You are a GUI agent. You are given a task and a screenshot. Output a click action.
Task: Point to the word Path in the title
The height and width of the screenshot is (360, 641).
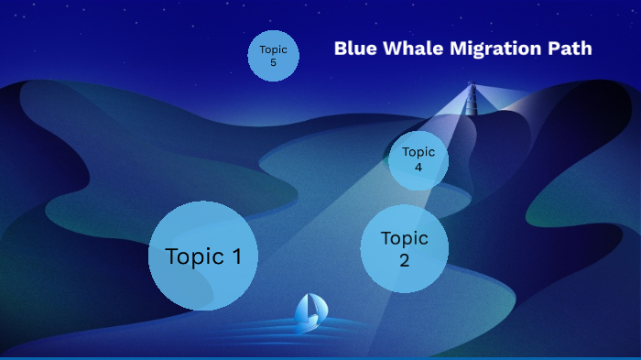(x=570, y=49)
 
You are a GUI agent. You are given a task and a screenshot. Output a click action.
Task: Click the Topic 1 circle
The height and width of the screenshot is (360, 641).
(x=202, y=256)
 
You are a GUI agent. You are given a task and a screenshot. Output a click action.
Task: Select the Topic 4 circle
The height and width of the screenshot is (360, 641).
(x=418, y=160)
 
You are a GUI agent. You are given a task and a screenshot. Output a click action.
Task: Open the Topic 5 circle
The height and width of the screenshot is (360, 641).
(x=273, y=56)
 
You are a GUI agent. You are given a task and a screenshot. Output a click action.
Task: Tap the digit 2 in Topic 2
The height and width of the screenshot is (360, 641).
(x=404, y=260)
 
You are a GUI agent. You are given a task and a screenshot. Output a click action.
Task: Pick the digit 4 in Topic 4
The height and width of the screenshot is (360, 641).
(x=418, y=168)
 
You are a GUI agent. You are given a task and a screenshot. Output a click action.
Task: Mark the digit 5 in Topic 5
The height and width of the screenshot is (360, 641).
(x=273, y=62)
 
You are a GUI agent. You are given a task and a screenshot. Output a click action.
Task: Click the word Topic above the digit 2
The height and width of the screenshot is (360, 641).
(x=404, y=239)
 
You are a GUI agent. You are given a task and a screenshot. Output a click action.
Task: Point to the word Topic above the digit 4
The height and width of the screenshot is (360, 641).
(x=418, y=152)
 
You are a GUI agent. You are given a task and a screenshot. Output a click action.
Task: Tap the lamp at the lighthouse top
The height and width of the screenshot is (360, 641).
(x=473, y=90)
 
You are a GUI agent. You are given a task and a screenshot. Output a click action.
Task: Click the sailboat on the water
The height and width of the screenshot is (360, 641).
(x=309, y=313)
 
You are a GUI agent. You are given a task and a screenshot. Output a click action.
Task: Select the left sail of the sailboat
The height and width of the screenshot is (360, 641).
(x=303, y=309)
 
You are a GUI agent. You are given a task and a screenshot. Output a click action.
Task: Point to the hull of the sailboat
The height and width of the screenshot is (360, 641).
(x=309, y=326)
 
